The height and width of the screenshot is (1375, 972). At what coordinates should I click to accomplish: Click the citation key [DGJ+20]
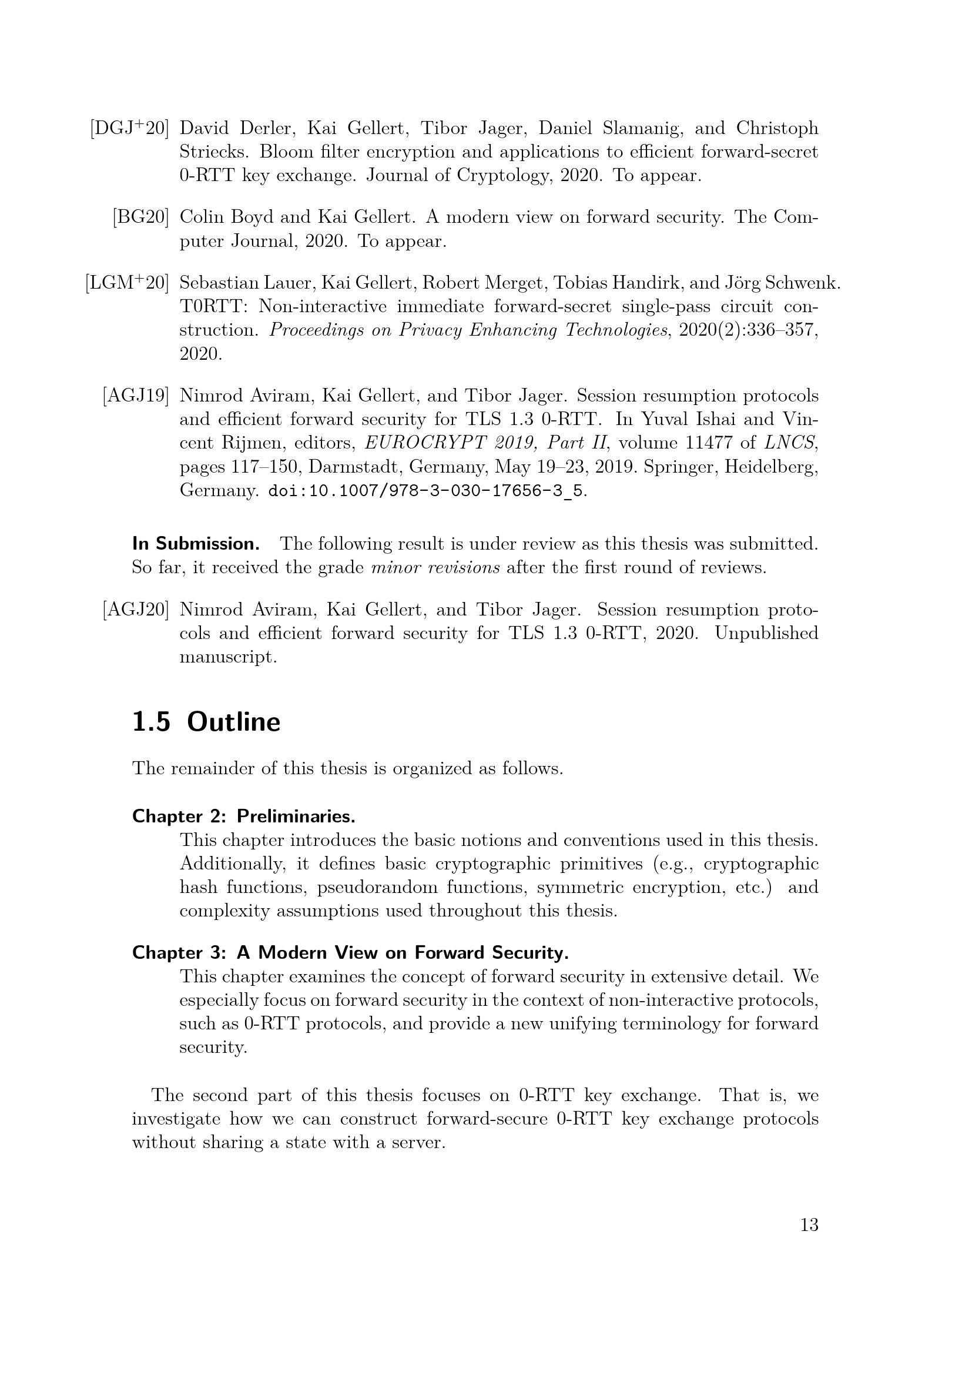click(129, 128)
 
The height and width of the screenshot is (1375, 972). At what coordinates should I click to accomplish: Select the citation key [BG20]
click(140, 218)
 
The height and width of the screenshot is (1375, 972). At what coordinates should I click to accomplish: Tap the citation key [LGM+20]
click(127, 283)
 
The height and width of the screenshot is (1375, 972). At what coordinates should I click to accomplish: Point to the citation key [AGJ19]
click(135, 396)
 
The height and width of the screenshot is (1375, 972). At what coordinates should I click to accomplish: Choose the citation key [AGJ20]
click(135, 610)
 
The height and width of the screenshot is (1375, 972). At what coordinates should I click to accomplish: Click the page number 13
click(809, 1225)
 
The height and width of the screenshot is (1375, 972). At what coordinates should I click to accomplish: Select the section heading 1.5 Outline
click(206, 722)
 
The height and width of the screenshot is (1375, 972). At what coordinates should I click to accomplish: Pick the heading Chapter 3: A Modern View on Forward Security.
click(350, 952)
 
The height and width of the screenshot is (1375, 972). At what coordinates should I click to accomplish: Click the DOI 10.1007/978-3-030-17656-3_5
click(425, 491)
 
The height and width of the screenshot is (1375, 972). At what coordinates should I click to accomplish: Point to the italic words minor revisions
click(435, 567)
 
